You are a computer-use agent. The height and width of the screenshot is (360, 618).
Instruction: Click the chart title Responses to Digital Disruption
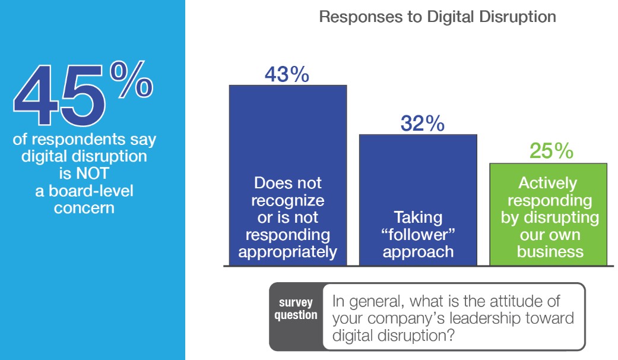438,16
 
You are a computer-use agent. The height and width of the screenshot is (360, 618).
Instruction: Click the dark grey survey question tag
296,309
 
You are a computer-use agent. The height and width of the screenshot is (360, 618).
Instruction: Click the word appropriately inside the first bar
288,252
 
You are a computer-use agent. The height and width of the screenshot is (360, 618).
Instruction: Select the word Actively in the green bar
547,183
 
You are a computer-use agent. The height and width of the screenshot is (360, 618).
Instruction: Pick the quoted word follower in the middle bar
417,235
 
